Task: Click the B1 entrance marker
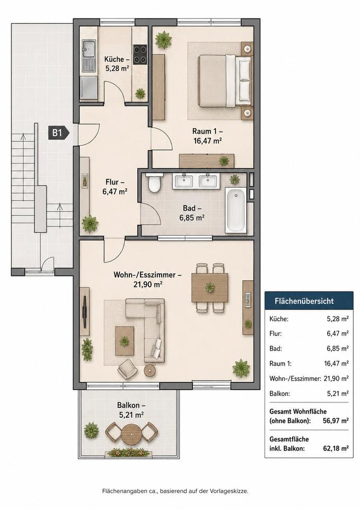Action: click(x=59, y=133)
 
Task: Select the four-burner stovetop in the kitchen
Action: click(x=140, y=54)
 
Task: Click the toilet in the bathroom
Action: click(x=154, y=183)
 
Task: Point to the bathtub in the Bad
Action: click(x=236, y=210)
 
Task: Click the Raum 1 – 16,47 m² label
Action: click(x=207, y=136)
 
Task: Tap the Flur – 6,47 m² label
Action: click(x=115, y=187)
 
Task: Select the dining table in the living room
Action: click(x=210, y=287)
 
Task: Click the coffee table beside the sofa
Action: click(x=125, y=341)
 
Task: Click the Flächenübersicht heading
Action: click(x=304, y=301)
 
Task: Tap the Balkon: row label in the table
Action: click(x=280, y=394)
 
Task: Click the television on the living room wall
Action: click(x=85, y=312)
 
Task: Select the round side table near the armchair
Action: click(x=150, y=371)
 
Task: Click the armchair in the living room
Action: click(x=128, y=371)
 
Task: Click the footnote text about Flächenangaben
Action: click(x=175, y=491)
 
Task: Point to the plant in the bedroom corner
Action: click(x=163, y=40)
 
